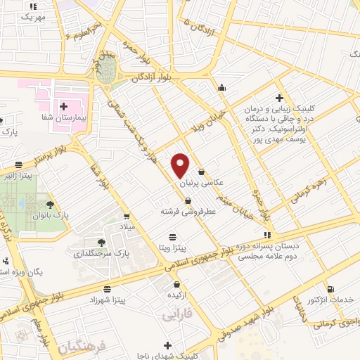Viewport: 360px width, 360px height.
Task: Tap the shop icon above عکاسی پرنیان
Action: pos(202,171)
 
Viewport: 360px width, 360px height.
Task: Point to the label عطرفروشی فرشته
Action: pos(186,211)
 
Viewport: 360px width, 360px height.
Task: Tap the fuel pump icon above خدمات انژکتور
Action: pos(331,289)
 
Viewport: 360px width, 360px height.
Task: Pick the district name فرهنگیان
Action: pos(82,347)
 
